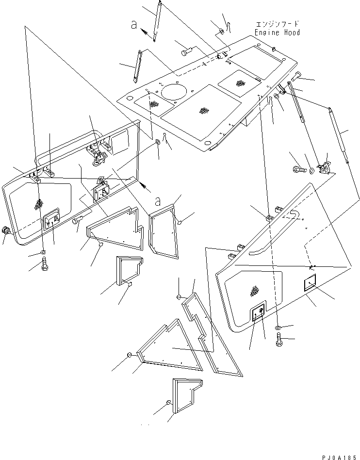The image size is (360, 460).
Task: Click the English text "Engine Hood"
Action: pos(277,33)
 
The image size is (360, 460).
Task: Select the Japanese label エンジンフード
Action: pos(277,23)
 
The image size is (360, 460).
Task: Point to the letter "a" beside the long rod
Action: pos(134,25)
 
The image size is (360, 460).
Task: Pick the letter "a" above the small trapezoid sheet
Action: pos(158,200)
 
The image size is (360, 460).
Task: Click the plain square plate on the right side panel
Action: pos(311,284)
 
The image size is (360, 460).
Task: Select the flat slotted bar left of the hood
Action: pos(136,66)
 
